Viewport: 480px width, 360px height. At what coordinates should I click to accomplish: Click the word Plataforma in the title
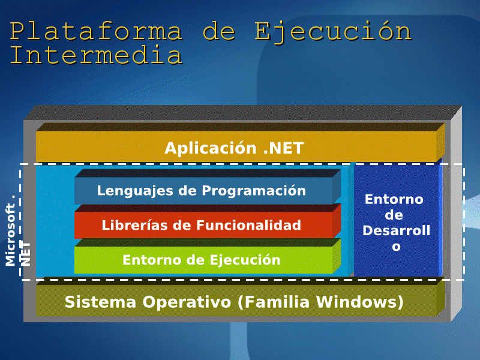point(96,31)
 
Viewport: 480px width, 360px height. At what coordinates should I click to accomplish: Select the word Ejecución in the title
point(334,31)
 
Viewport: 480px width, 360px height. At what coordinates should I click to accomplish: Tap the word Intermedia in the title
point(96,55)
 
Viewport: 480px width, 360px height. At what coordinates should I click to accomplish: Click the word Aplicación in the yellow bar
point(211,148)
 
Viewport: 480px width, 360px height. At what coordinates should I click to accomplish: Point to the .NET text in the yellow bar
point(283,148)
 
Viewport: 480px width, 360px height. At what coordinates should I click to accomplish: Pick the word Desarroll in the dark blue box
point(396,230)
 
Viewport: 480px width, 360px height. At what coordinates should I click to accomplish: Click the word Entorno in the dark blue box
point(394,199)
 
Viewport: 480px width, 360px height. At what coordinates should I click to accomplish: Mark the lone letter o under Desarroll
point(396,247)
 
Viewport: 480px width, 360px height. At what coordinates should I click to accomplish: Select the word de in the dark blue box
point(394,215)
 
